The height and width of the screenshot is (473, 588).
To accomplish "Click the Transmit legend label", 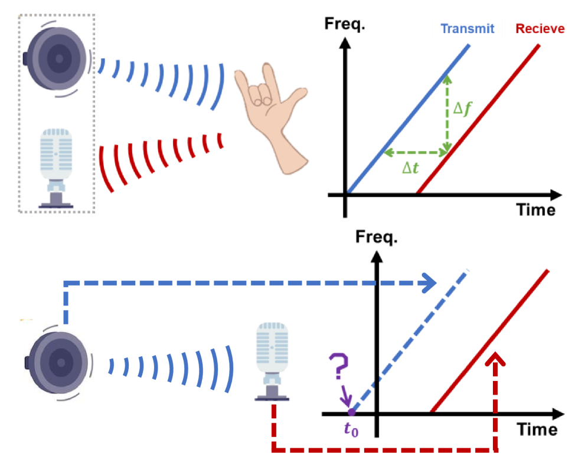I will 467,29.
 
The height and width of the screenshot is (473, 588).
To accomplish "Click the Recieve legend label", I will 540,29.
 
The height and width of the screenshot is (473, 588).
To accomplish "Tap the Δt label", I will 410,169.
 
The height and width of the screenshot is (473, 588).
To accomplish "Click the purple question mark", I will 339,367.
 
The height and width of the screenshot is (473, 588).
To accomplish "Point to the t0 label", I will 351,429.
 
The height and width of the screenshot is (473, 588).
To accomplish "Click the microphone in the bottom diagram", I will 272,362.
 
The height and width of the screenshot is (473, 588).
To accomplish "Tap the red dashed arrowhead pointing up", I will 495,360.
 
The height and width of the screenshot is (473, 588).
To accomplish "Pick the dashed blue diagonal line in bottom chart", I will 413,336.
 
